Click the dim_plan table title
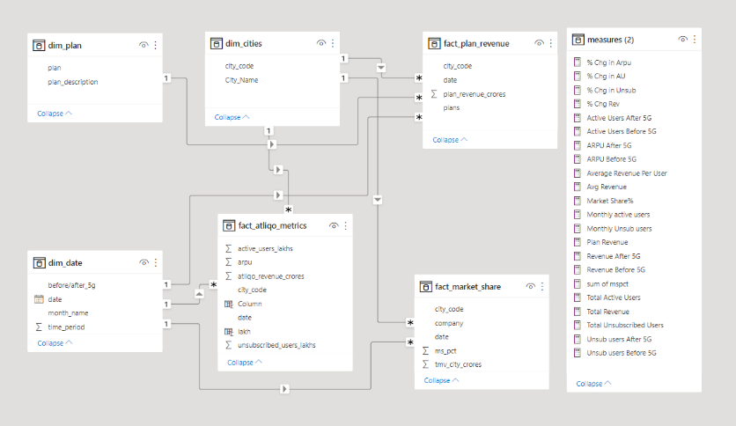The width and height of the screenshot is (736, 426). click(x=68, y=44)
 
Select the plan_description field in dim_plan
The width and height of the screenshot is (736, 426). click(x=73, y=82)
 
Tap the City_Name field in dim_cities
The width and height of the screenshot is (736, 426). click(x=241, y=80)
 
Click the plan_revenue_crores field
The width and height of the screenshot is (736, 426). click(x=474, y=93)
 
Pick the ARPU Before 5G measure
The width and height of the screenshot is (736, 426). click(x=609, y=159)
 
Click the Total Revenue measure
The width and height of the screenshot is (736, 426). click(x=607, y=312)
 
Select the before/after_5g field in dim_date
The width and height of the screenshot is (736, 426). click(x=71, y=285)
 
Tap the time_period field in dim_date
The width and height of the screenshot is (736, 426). click(x=67, y=327)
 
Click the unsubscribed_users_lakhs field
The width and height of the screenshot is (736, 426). click(x=276, y=345)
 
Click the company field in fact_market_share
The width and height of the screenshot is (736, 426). click(x=450, y=322)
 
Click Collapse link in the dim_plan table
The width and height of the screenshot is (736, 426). click(x=55, y=114)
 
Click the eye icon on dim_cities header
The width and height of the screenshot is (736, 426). click(x=321, y=43)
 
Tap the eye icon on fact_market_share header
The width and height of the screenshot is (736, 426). click(x=531, y=286)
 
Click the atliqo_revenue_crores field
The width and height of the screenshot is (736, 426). click(x=271, y=275)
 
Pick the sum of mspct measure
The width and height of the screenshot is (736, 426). click(x=607, y=283)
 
